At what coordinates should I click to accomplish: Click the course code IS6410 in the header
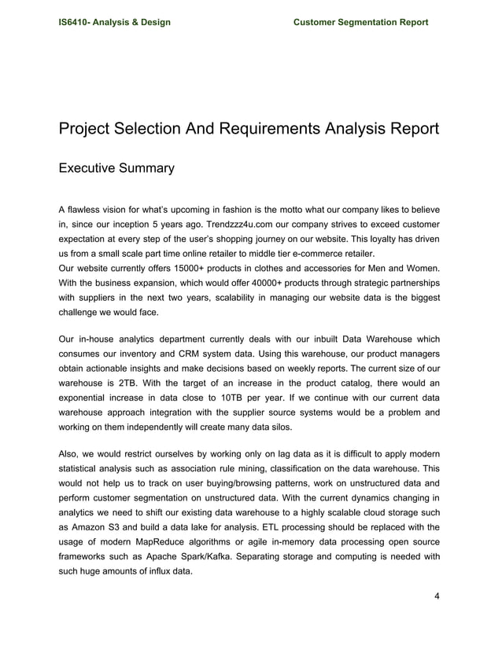[x=78, y=22]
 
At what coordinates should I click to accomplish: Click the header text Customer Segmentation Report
[x=360, y=22]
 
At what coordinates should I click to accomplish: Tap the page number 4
[x=437, y=595]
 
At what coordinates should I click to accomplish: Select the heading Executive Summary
[x=116, y=168]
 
